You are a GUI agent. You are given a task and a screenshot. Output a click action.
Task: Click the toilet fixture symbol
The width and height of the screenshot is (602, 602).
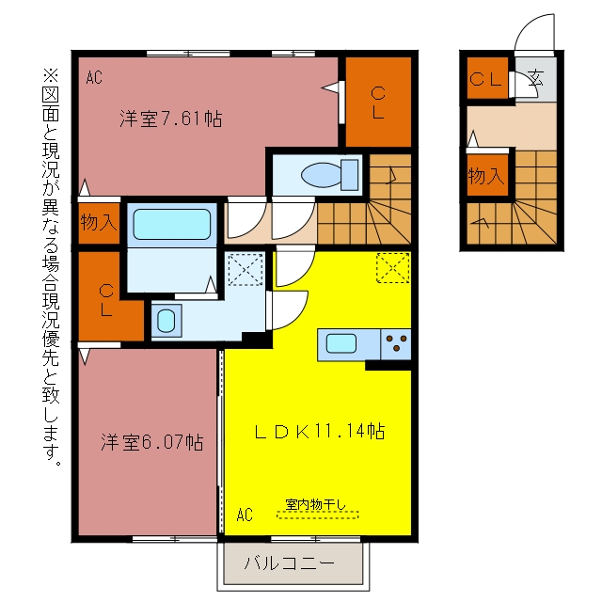pyautogui.click(x=330, y=175)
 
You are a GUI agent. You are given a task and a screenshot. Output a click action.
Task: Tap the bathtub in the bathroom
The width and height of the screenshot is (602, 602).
pyautogui.click(x=171, y=224)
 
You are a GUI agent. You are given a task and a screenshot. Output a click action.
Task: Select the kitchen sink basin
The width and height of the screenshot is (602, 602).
pyautogui.click(x=341, y=343)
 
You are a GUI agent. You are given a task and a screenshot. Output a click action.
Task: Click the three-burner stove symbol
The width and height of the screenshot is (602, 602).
pyautogui.click(x=396, y=344)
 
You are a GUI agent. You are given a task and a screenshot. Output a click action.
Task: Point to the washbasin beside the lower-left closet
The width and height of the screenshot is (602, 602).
pyautogui.click(x=166, y=321)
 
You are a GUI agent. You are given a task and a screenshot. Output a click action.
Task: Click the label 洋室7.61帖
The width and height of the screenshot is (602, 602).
pyautogui.click(x=171, y=119)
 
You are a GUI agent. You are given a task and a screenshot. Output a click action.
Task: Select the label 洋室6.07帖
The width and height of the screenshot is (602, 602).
pyautogui.click(x=152, y=442)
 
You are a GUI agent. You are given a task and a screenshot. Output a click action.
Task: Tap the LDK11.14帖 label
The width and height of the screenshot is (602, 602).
pyautogui.click(x=320, y=431)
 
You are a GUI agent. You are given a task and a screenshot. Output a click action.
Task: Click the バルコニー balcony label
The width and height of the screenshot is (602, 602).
pyautogui.click(x=290, y=563)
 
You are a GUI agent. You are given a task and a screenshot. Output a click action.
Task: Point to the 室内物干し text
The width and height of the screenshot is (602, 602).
pyautogui.click(x=316, y=504)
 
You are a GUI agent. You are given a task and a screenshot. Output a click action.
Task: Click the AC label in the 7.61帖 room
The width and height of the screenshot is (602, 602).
pyautogui.click(x=94, y=77)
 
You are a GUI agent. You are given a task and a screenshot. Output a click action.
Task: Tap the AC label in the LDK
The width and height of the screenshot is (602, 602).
pyautogui.click(x=245, y=515)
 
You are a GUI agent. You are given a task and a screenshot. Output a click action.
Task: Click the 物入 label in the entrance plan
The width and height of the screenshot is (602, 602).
pyautogui.click(x=485, y=176)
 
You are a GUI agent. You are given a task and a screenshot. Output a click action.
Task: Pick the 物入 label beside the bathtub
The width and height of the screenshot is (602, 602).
pyautogui.click(x=99, y=222)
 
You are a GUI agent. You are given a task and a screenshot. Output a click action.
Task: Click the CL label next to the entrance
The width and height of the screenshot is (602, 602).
pyautogui.click(x=485, y=79)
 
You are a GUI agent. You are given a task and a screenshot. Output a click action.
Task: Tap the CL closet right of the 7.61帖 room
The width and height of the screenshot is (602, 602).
pyautogui.click(x=378, y=103)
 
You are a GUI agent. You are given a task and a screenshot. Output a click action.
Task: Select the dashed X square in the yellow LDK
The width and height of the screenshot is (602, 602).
pyautogui.click(x=393, y=268)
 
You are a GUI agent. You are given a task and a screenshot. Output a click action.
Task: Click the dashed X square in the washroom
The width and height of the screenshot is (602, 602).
pyautogui.click(x=246, y=269)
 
